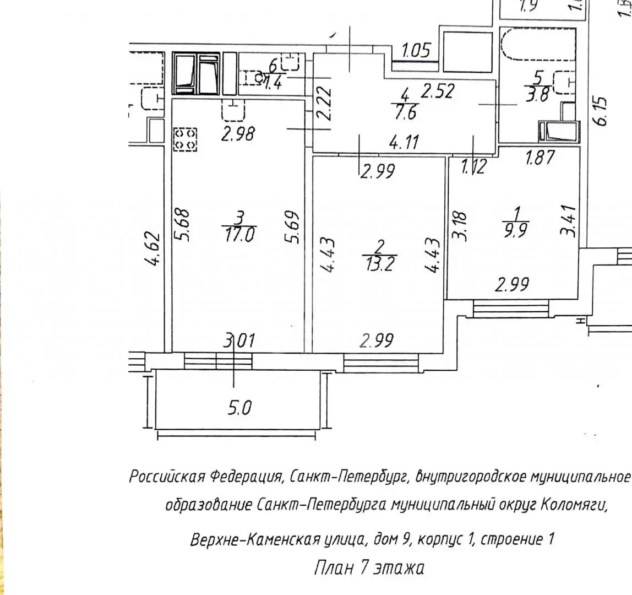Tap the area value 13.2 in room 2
tap(380, 264)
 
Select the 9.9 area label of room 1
tap(516, 230)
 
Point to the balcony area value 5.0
tap(239, 408)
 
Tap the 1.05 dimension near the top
tap(416, 51)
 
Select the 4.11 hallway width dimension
tap(404, 142)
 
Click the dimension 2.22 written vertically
tap(324, 104)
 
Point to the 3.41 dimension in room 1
tap(568, 221)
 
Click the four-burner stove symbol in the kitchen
tap(185, 139)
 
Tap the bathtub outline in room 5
tap(538, 45)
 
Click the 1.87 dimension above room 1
tap(540, 157)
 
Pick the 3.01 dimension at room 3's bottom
tap(239, 340)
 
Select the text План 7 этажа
tap(369, 568)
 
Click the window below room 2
tap(381, 363)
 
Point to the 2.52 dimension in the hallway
tap(438, 91)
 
